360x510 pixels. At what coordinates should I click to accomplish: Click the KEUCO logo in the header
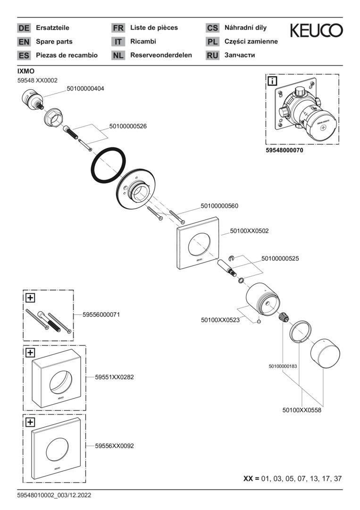click(x=316, y=31)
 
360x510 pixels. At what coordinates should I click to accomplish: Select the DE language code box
click(x=24, y=28)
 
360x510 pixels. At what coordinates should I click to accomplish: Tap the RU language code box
click(x=212, y=55)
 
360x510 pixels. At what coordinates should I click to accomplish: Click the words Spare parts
click(x=54, y=42)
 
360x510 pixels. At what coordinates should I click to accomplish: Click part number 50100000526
click(x=128, y=126)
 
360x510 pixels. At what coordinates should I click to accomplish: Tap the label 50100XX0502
click(x=249, y=231)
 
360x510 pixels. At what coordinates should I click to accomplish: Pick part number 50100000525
click(x=280, y=259)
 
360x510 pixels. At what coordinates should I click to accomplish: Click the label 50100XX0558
click(x=301, y=410)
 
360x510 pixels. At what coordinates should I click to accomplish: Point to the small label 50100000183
click(x=283, y=366)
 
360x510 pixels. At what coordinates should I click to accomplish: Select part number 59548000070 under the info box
click(x=285, y=151)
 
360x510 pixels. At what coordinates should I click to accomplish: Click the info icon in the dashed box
click(x=272, y=81)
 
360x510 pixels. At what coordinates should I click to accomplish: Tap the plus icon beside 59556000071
click(x=30, y=297)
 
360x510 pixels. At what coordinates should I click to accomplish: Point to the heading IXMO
click(x=26, y=71)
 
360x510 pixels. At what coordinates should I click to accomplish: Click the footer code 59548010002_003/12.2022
click(x=54, y=495)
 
